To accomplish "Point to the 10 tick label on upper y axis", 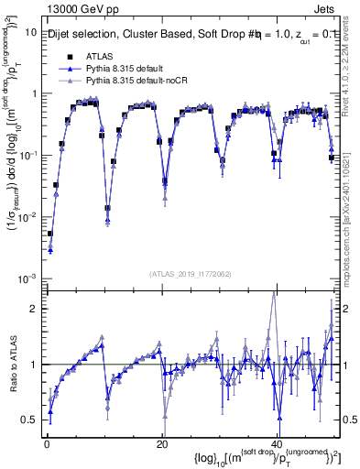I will point(30,32).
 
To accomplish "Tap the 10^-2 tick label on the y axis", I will point(27,217).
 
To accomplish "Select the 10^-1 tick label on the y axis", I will point(27,156).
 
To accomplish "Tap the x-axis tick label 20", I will point(162,443).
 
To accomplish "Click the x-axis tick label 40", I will point(278,443).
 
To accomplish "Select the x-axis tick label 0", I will point(47,443).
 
